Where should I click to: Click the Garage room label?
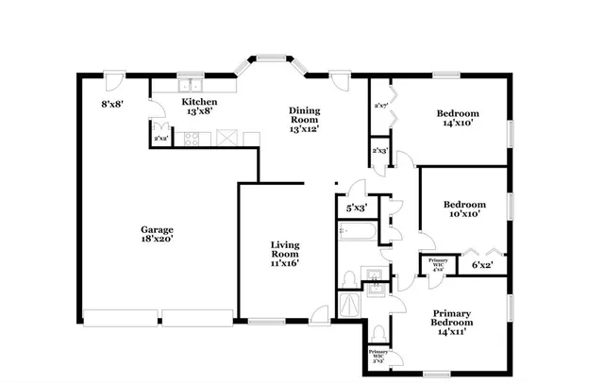(x=157, y=228)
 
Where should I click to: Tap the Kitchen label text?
(x=199, y=102)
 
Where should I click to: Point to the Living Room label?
(x=285, y=248)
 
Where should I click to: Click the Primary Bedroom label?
(x=452, y=317)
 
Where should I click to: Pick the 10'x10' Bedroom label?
(x=464, y=205)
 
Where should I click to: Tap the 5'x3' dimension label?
(x=357, y=208)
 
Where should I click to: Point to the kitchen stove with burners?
(x=192, y=139)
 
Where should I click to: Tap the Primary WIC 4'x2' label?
(x=438, y=263)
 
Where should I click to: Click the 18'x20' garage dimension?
(x=157, y=239)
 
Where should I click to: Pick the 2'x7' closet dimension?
(x=382, y=106)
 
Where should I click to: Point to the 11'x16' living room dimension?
(x=285, y=264)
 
